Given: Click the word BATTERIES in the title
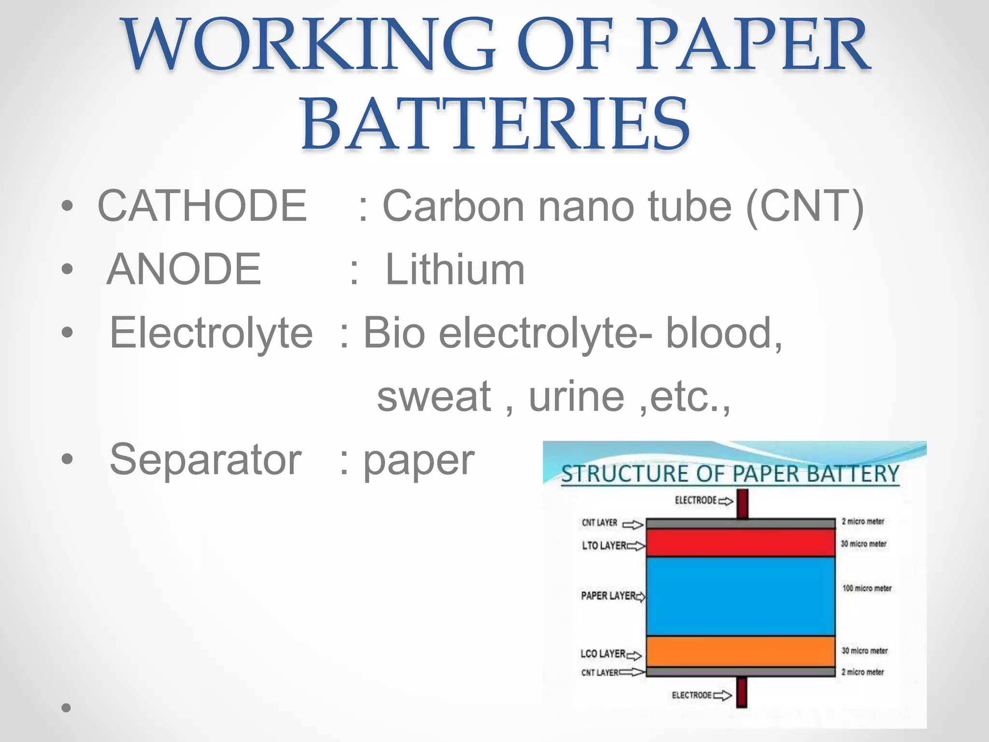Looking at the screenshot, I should point(495,124).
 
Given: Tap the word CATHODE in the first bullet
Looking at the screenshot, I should point(202,206).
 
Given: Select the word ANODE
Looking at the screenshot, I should point(184,269).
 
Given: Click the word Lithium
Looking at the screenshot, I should point(455,269).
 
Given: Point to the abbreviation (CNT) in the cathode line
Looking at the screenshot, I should point(805,207).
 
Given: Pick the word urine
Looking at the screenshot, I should point(577,396).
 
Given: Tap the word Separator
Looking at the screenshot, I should point(206,459).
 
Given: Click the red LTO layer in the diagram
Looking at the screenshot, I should point(740,542).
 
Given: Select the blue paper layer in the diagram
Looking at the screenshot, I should point(740,596).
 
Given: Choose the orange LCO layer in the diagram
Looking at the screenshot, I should point(740,651).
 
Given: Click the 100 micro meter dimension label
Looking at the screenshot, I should point(867,588).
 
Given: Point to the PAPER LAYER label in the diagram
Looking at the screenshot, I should point(608,596).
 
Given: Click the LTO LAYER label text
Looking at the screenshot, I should point(604,545).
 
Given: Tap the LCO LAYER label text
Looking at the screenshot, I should point(603,654).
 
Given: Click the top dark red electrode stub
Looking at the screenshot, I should point(743,503).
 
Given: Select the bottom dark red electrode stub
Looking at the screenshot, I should point(742,692).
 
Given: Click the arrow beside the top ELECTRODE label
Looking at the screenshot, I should point(726,501).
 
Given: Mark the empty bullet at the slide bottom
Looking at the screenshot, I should point(67,708).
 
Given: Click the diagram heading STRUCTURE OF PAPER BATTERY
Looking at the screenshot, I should point(730,474).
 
